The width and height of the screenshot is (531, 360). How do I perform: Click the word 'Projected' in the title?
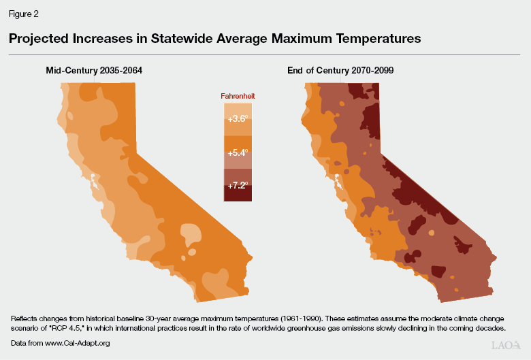pos(38,39)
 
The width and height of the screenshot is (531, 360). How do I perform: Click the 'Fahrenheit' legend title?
pos(238,97)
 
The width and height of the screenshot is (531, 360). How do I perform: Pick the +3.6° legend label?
pos(238,118)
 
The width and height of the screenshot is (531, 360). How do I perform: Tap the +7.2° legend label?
pos(238,184)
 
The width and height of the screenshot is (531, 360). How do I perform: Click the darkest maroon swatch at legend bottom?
pos(238,196)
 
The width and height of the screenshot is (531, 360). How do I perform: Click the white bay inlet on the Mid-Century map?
pos(94,182)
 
